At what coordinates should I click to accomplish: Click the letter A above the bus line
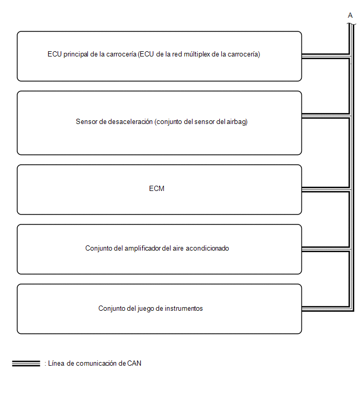(350, 16)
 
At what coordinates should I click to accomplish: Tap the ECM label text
(156, 189)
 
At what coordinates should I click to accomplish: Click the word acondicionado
(207, 249)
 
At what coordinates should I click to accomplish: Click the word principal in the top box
(75, 54)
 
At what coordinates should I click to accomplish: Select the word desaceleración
(130, 122)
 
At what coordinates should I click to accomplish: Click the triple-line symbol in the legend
(26, 364)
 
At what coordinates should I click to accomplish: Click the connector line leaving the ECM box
(325, 189)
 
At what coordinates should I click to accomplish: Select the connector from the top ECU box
(325, 56)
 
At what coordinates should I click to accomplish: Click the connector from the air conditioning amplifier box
(325, 249)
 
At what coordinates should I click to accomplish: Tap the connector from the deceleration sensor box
(325, 116)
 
